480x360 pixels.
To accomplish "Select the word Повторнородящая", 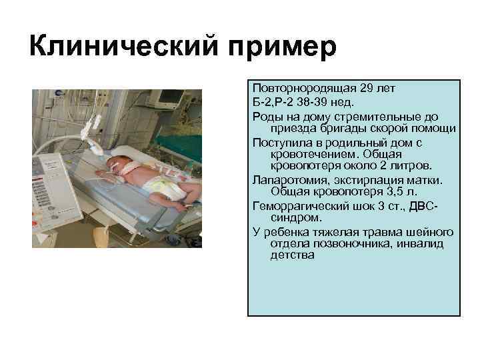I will pyautogui.click(x=303, y=87).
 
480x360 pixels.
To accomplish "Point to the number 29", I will pyautogui.click(x=367, y=87).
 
